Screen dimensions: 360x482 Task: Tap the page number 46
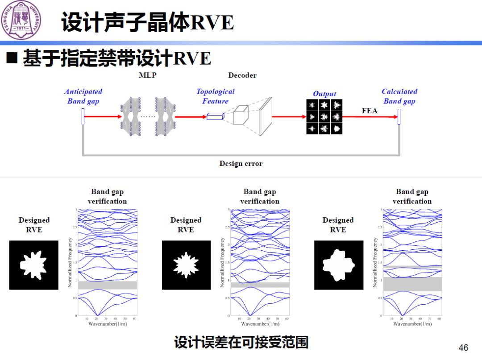click(x=463, y=348)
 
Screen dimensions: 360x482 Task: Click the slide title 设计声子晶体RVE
click(x=148, y=23)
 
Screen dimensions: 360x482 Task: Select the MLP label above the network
click(x=148, y=75)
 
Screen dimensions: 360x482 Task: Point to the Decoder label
click(x=242, y=75)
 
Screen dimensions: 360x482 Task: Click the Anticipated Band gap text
click(x=83, y=96)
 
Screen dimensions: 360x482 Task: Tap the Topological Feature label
click(x=215, y=96)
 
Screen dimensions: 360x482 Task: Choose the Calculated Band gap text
click(x=399, y=96)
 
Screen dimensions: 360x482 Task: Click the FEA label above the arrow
click(x=369, y=111)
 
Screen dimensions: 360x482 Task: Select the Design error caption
click(x=241, y=164)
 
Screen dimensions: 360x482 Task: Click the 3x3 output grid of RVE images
click(x=324, y=117)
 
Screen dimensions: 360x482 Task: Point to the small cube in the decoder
click(x=241, y=115)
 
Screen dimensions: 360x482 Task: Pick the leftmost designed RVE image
click(x=34, y=265)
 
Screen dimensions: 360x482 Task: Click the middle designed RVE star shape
click(x=186, y=265)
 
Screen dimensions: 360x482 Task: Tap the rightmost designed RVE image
click(x=338, y=265)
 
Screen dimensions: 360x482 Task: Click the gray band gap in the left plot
click(x=108, y=285)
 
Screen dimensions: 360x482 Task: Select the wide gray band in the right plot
click(x=412, y=284)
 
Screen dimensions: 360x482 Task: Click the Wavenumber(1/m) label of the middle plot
click(x=260, y=324)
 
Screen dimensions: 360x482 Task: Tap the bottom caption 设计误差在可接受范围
click(x=241, y=343)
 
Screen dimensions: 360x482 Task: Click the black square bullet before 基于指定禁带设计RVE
click(x=12, y=58)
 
